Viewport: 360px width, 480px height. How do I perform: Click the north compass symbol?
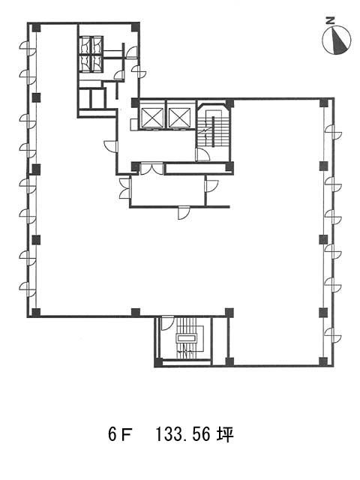(x=337, y=40)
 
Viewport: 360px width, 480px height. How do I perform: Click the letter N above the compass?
(x=330, y=21)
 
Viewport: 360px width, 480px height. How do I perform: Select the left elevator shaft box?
(x=151, y=117)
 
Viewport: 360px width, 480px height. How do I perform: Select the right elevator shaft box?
(x=179, y=117)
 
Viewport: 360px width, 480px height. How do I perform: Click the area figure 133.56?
(x=183, y=435)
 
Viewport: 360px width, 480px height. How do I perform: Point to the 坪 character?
(x=225, y=435)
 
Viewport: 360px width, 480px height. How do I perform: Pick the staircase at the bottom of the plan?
(x=187, y=338)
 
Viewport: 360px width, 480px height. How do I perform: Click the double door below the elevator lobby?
(x=151, y=169)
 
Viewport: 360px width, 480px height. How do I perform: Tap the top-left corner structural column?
(x=37, y=28)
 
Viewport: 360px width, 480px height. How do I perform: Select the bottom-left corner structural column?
(x=36, y=312)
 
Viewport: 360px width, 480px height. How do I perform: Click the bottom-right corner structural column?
(x=323, y=361)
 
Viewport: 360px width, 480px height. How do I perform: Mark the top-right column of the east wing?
(x=323, y=103)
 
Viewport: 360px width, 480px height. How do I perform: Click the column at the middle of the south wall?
(x=136, y=312)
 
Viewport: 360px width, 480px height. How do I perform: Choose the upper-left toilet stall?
(x=85, y=45)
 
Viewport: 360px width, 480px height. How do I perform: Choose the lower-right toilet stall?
(x=97, y=63)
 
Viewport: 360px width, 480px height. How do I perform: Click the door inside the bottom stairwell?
(x=167, y=323)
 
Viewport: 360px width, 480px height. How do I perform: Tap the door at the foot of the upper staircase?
(x=202, y=154)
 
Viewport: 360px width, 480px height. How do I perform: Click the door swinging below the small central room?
(x=184, y=213)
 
